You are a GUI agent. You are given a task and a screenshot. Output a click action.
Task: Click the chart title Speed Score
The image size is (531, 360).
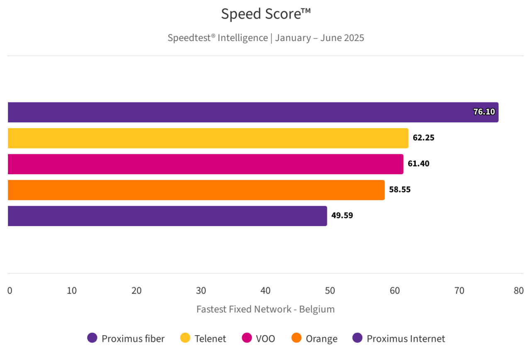(x=265, y=14)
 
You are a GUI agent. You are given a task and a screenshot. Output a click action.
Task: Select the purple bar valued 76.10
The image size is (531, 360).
(x=249, y=112)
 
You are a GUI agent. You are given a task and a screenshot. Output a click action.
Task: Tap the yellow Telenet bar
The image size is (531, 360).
(x=207, y=138)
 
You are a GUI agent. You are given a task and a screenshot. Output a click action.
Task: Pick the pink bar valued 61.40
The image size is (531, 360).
(x=205, y=164)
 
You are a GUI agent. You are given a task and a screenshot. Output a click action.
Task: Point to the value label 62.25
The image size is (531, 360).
(x=423, y=138)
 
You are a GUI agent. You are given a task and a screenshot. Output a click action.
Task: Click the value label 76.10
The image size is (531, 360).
(x=484, y=112)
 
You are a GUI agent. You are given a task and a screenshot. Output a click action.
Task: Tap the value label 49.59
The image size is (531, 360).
(x=342, y=216)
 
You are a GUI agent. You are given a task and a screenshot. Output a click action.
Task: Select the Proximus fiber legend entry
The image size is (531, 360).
(x=126, y=338)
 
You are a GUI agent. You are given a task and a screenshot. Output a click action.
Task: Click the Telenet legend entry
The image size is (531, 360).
(x=204, y=338)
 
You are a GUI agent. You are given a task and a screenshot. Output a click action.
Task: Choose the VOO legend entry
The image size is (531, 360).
(x=258, y=338)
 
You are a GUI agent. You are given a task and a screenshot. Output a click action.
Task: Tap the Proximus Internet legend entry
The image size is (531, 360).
(x=399, y=338)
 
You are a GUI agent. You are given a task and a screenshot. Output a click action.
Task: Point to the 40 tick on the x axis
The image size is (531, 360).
(x=265, y=291)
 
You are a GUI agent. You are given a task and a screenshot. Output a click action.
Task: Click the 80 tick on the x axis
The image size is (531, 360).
(x=519, y=291)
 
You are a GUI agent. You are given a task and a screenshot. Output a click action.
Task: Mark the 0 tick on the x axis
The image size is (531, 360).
(x=10, y=291)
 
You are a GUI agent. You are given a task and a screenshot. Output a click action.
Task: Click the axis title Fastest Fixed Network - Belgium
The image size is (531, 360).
(x=265, y=309)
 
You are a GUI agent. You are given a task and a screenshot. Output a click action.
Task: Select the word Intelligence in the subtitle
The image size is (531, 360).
(x=243, y=38)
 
